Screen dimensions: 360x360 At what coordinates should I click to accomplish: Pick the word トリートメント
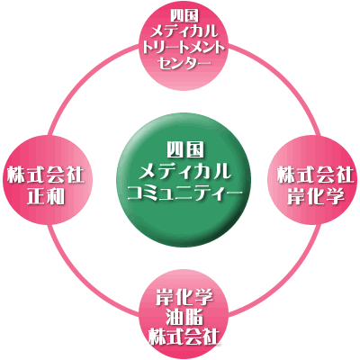pyautogui.click(x=184, y=48)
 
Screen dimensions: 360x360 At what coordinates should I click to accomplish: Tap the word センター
pyautogui.click(x=184, y=64)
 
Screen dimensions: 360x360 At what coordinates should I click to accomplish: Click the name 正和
pyautogui.click(x=46, y=197)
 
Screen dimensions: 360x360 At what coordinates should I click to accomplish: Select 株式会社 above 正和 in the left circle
pyautogui.click(x=46, y=175)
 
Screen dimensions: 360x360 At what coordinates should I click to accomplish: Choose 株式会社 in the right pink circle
pyautogui.click(x=315, y=175)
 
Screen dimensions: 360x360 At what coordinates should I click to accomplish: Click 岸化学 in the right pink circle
pyautogui.click(x=315, y=197)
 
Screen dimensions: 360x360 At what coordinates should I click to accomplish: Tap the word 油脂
pyautogui.click(x=184, y=318)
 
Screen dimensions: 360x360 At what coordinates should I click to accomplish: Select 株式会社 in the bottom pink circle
pyautogui.click(x=184, y=337)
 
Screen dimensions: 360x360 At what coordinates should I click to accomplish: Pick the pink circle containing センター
pyautogui.click(x=184, y=45)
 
